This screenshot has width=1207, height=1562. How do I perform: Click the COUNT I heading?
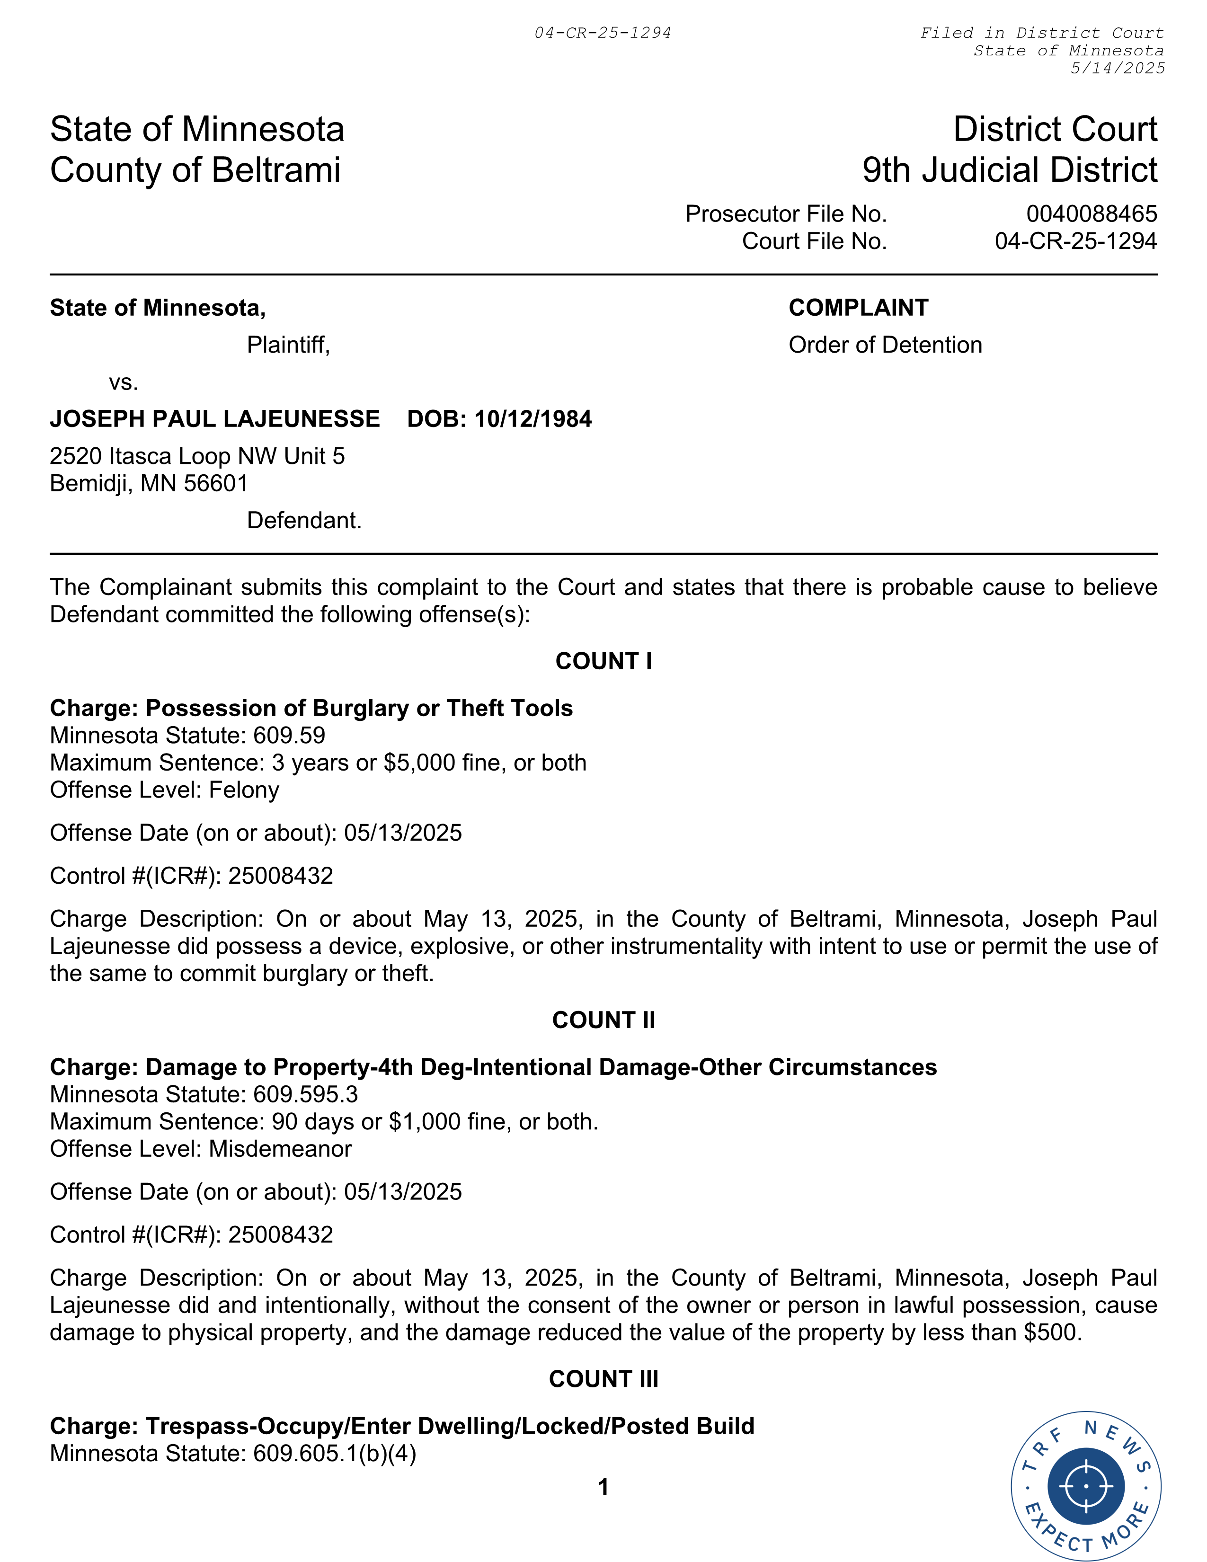click(x=603, y=661)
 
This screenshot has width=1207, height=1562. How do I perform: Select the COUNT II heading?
click(x=603, y=1020)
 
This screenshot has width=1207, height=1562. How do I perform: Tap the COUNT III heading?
click(x=603, y=1379)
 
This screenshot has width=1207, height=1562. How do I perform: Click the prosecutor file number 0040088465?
click(x=1091, y=214)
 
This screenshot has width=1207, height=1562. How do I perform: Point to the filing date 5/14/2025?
click(x=1117, y=68)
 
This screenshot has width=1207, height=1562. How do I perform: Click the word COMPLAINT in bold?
click(x=858, y=308)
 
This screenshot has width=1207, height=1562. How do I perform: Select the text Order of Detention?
click(x=885, y=345)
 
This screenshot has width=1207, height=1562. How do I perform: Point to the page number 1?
click(x=603, y=1487)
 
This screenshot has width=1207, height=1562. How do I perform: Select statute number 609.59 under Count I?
click(x=289, y=735)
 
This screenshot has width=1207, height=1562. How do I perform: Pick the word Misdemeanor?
click(x=280, y=1149)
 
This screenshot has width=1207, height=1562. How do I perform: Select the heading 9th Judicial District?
click(x=1010, y=170)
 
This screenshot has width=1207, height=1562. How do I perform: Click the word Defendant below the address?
click(x=304, y=520)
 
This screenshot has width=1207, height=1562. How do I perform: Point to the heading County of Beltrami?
click(x=195, y=170)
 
